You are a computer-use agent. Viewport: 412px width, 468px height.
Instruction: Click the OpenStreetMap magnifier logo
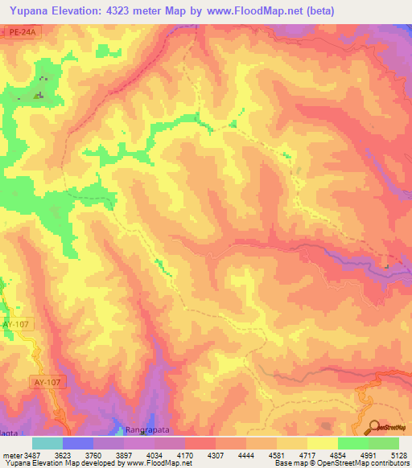tap(375, 428)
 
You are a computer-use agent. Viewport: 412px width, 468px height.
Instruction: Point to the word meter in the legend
tap(13, 454)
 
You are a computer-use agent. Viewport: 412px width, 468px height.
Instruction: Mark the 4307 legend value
tap(224, 454)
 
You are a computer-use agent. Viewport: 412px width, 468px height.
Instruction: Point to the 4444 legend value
tap(255, 454)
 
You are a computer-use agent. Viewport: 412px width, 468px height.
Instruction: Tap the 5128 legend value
tap(400, 454)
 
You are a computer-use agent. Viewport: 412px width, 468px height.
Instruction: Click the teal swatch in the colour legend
tap(47, 443)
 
